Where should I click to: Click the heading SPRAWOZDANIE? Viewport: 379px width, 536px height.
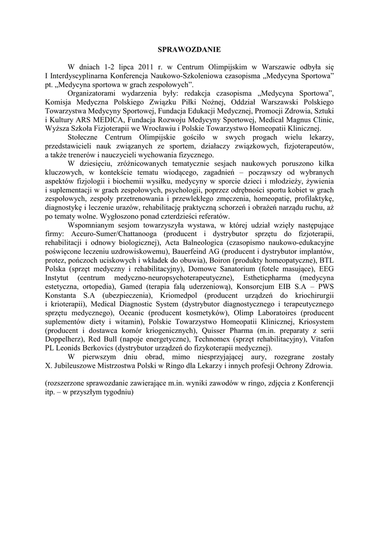coord(189,50)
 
